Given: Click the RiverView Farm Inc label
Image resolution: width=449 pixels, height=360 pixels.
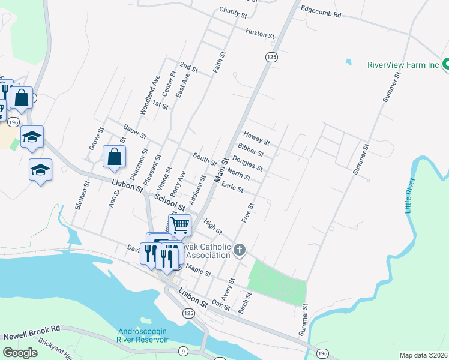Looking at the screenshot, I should click(403, 65).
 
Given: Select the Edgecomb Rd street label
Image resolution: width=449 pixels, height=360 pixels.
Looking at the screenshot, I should click(321, 12).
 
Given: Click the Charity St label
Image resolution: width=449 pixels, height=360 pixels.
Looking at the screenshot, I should click(233, 12).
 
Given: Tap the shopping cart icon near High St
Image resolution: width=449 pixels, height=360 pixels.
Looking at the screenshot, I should click(179, 226).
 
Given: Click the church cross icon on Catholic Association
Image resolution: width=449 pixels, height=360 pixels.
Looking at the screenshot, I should click(240, 249).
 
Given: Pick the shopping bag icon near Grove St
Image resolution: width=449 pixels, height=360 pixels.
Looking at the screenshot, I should click(114, 157).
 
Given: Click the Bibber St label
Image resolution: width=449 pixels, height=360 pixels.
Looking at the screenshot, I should click(251, 149).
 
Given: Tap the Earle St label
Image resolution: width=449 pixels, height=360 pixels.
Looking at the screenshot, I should click(232, 188).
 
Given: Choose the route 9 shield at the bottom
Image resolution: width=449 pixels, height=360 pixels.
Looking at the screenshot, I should click(183, 350).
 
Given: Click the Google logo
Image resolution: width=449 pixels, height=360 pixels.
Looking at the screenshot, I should click(20, 353).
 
